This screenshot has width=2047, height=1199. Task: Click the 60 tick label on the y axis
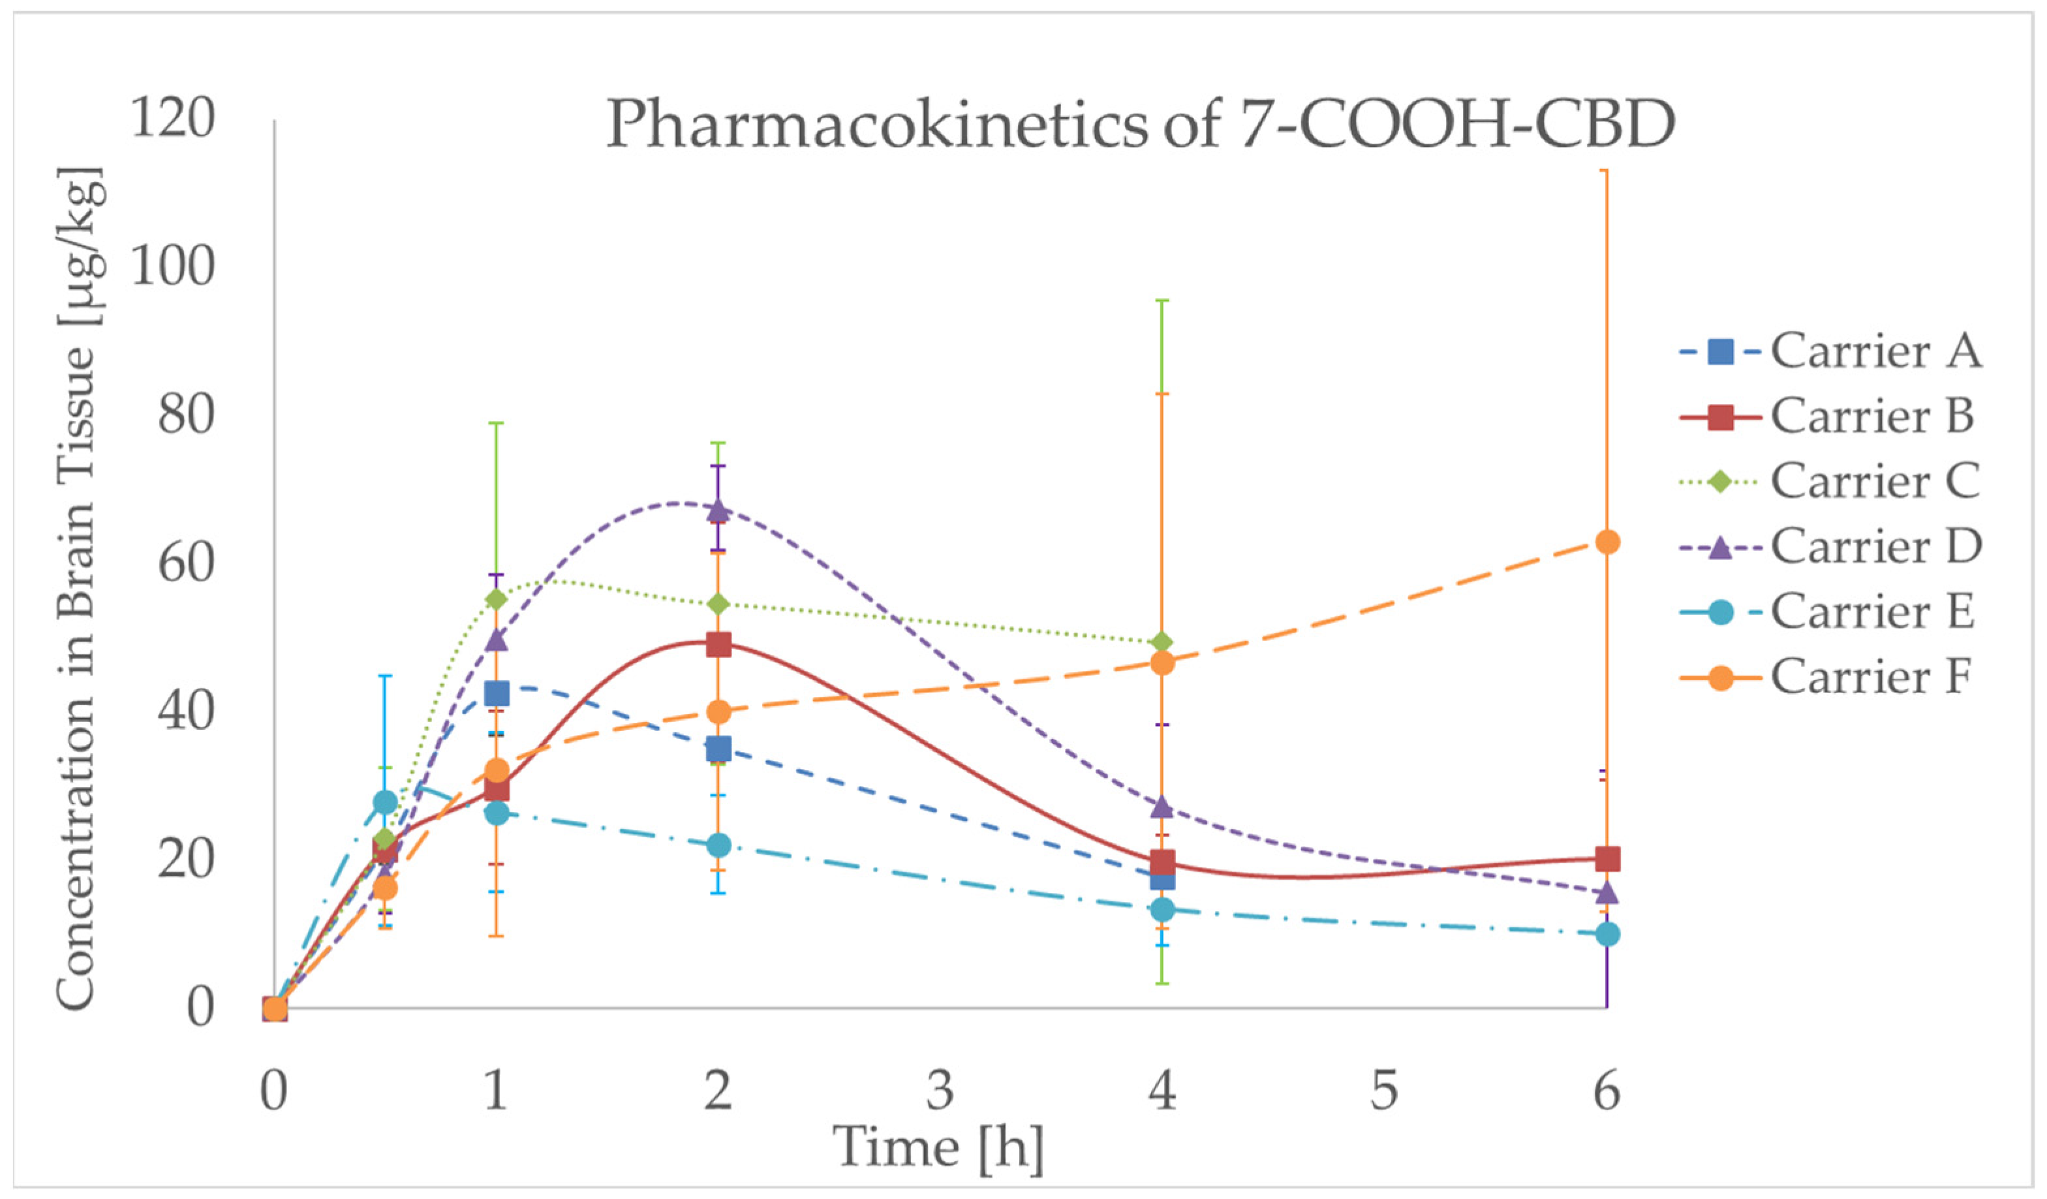(186, 563)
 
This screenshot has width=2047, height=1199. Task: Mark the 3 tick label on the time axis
(940, 1091)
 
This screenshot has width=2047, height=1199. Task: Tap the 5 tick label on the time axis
(1384, 1091)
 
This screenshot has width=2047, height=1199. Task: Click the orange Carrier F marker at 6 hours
(1607, 542)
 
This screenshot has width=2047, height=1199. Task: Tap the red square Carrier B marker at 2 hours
(718, 645)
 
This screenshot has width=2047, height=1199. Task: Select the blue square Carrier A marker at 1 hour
(497, 694)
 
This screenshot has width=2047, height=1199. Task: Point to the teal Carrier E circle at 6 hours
(1607, 934)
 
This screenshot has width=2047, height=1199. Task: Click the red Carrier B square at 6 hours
(1607, 859)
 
